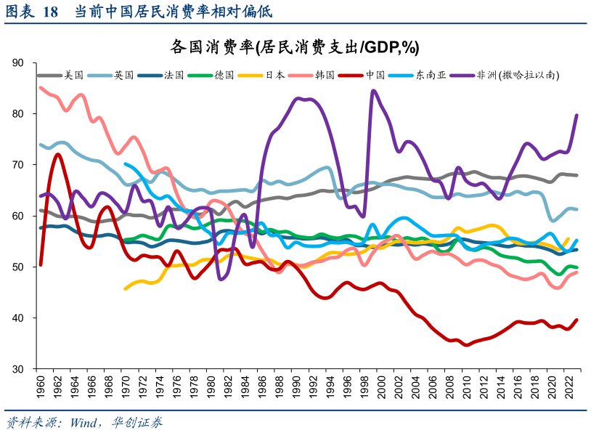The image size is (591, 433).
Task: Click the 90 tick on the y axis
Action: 20,63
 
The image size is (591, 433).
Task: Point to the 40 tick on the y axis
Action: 20,318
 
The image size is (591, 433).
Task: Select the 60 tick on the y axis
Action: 20,216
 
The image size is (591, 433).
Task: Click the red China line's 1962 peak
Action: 57,154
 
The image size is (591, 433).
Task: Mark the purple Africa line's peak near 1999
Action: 373,91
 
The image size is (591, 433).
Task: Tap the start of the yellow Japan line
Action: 126,288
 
